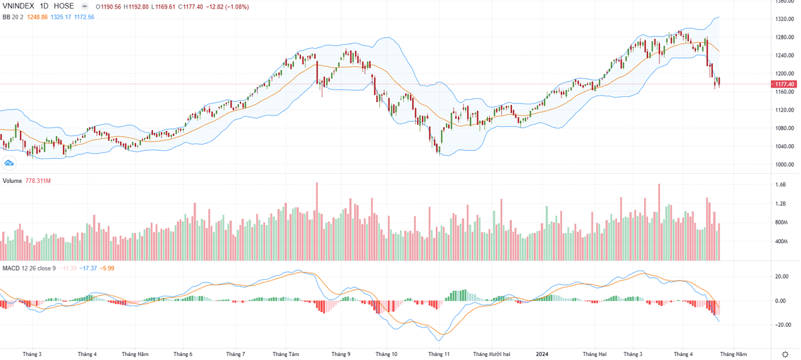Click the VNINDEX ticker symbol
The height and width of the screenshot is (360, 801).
pyautogui.click(x=18, y=6)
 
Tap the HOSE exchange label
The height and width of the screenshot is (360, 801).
pyautogui.click(x=63, y=6)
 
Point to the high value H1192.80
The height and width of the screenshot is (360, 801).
pyautogui.click(x=143, y=6)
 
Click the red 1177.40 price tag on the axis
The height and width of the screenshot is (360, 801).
pyautogui.click(x=784, y=84)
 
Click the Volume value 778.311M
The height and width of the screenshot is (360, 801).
pyautogui.click(x=39, y=181)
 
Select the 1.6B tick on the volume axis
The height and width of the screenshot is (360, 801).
pyautogui.click(x=780, y=185)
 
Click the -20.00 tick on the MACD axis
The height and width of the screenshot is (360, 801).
pyautogui.click(x=782, y=325)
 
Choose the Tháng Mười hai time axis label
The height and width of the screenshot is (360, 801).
pyautogui.click(x=492, y=354)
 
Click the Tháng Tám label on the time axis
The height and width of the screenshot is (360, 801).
pyautogui.click(x=286, y=354)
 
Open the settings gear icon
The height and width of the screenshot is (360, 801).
pyautogui.click(x=785, y=353)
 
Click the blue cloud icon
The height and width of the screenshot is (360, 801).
pyautogui.click(x=9, y=162)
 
